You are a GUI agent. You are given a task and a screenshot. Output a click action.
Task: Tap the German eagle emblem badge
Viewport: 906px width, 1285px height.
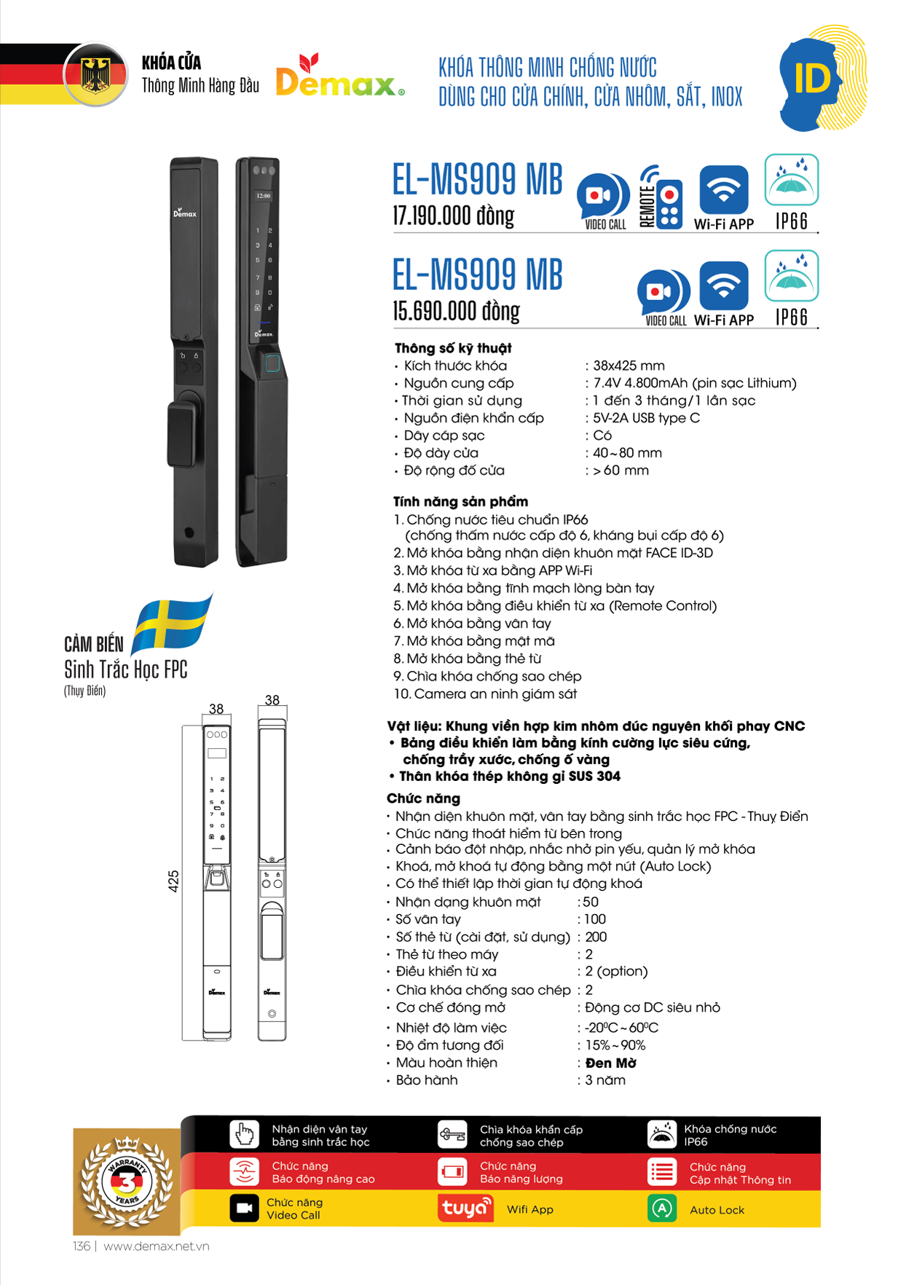click(95, 75)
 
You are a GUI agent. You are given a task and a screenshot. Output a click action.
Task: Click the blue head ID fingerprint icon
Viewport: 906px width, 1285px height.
click(822, 79)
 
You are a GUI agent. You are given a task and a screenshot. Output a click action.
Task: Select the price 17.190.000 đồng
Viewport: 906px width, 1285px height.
click(453, 216)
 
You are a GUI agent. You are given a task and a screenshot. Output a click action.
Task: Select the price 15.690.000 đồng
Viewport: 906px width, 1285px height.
click(456, 312)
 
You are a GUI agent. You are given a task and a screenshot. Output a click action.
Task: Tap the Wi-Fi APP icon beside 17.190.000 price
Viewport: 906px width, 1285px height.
click(723, 191)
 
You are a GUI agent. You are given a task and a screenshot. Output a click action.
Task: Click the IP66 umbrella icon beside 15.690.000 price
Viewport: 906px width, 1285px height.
click(792, 277)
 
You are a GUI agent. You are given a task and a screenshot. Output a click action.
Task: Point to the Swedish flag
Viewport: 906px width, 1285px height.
click(173, 624)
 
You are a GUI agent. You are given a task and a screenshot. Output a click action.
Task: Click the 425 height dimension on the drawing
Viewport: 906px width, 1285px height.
click(173, 881)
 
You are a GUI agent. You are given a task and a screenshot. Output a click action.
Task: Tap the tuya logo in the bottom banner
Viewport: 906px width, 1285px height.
click(465, 1209)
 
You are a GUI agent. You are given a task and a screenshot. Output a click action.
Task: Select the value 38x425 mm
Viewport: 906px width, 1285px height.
click(629, 366)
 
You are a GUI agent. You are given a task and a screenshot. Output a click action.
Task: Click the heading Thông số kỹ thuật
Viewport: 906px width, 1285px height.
click(453, 348)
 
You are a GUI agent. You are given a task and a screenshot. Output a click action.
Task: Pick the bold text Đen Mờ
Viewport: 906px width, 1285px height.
click(610, 1063)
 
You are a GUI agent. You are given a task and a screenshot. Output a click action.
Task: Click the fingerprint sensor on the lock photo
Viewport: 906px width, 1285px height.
click(271, 363)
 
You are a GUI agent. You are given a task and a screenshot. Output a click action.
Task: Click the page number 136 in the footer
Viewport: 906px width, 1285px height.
click(82, 1246)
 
